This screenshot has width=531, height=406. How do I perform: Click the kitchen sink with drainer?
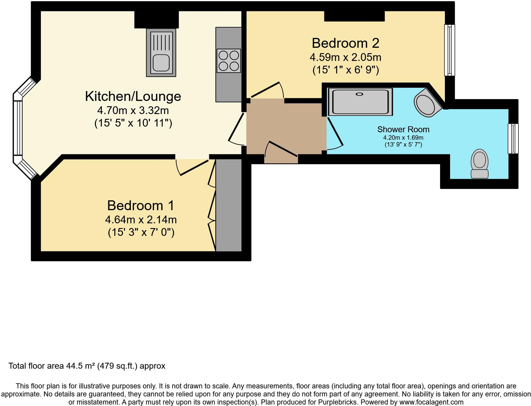[x=161, y=53]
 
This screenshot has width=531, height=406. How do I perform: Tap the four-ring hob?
[x=229, y=61]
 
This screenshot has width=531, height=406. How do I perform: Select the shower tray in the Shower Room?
[x=360, y=102]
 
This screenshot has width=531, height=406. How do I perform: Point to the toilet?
[x=479, y=164]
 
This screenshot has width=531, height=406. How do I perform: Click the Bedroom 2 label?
[x=345, y=43]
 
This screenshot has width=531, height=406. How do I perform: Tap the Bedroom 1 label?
[x=141, y=206]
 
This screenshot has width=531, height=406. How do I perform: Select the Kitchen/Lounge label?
[x=133, y=96]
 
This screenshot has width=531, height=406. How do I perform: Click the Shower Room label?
[x=403, y=130]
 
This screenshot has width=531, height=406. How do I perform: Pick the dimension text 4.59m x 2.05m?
[x=345, y=57]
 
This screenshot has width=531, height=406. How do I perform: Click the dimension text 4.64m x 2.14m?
[x=141, y=220]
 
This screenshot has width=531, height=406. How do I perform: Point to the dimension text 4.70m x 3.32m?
[x=133, y=110]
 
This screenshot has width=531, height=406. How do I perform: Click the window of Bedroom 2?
[x=449, y=50]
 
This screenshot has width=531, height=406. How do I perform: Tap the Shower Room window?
[x=513, y=139]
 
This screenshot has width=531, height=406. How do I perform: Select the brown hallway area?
[x=284, y=128]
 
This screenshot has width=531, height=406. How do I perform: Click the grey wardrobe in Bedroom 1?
[x=229, y=205]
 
